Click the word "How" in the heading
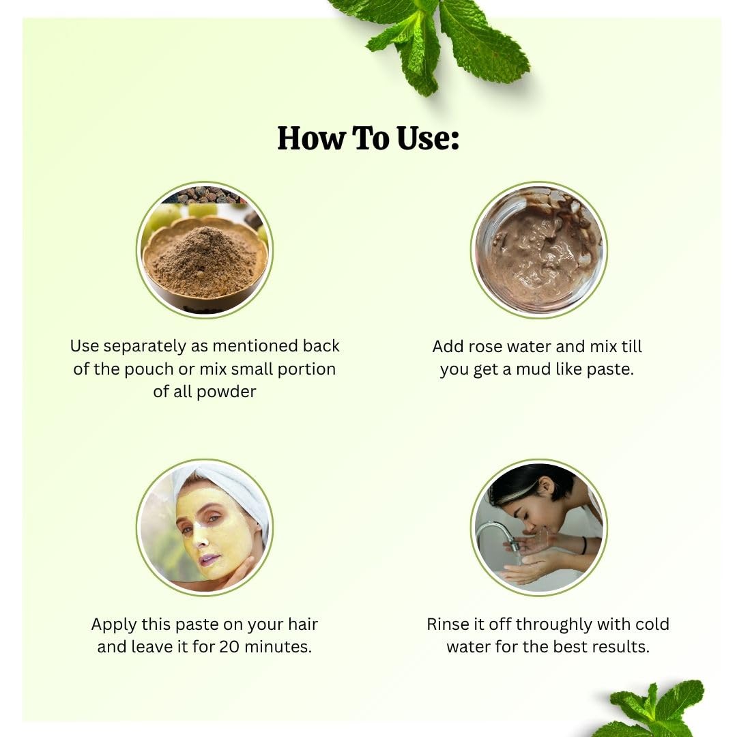point(310,138)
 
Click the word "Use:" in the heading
point(428,138)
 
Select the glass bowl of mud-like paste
point(538,250)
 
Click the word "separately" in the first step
point(145,347)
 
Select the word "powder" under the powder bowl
point(227,392)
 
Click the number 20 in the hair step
point(230,647)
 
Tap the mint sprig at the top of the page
point(437,42)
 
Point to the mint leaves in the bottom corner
point(658,710)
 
